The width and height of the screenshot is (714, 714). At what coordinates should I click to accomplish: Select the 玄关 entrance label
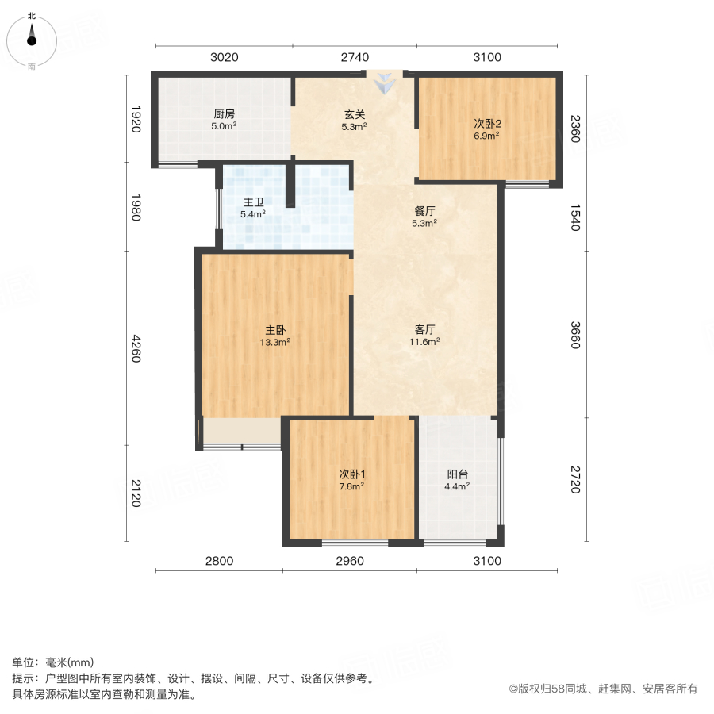click(354, 113)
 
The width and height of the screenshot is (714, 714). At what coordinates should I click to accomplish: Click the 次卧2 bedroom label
click(487, 123)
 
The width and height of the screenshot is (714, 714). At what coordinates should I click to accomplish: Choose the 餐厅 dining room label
click(425, 211)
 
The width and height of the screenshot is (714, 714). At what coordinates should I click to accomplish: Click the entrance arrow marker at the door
click(386, 82)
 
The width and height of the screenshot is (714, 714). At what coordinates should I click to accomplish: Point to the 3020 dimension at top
click(225, 57)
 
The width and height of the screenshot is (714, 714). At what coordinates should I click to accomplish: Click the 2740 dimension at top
click(355, 57)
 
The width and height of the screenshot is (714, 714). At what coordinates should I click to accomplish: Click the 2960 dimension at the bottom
click(350, 561)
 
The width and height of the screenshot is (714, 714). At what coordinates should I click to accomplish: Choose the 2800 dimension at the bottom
click(220, 561)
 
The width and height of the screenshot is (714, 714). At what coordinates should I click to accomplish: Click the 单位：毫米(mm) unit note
click(53, 663)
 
